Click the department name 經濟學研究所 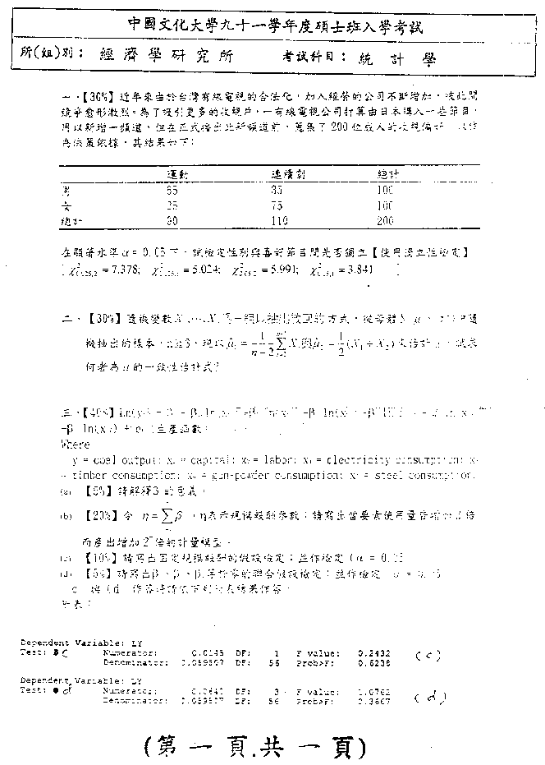164,58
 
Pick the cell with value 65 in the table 172,189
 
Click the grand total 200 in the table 385,220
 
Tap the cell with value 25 172,205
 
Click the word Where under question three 76,444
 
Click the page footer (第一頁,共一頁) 254,744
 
